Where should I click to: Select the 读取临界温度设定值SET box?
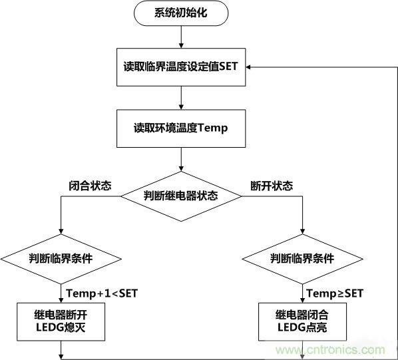tap(181, 67)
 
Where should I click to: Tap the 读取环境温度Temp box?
tap(181, 128)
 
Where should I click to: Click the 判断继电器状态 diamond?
tap(181, 196)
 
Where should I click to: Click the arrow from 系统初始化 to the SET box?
tap(181, 37)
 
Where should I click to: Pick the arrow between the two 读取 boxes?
tap(181, 97)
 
